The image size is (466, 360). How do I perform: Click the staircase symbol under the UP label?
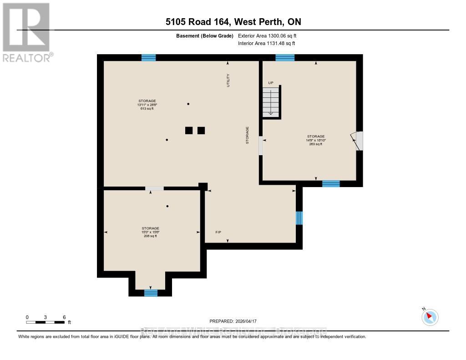click(x=271, y=102)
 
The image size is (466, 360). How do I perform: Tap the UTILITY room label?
click(x=228, y=80)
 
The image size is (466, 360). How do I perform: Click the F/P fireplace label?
click(x=218, y=233)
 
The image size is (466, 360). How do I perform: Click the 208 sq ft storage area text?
click(x=150, y=236)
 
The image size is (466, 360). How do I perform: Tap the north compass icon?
click(x=430, y=317)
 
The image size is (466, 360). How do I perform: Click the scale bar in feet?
click(x=46, y=322)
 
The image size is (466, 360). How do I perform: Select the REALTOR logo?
click(x=26, y=32)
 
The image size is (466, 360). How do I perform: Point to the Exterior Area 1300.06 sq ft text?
click(x=267, y=35)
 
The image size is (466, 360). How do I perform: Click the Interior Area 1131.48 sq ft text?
click(x=266, y=44)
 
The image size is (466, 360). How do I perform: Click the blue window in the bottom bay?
click(x=151, y=293)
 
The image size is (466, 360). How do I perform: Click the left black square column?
click(x=189, y=131)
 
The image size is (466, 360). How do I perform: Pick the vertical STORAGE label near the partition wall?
click(x=248, y=135)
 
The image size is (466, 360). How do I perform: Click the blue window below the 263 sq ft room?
click(x=331, y=183)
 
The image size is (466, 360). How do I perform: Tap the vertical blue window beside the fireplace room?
click(x=299, y=218)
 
